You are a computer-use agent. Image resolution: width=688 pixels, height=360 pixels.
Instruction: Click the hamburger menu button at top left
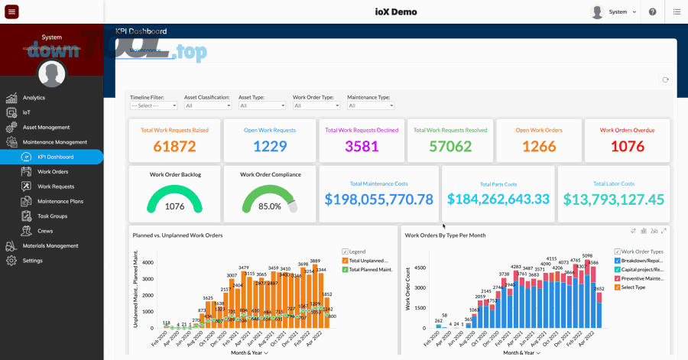click(x=11, y=11)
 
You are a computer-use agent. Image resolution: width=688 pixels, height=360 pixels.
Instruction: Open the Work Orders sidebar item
click(x=53, y=172)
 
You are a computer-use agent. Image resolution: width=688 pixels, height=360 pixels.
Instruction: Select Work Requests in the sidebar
click(x=56, y=186)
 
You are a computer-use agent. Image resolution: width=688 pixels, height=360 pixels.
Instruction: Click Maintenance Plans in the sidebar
click(x=60, y=201)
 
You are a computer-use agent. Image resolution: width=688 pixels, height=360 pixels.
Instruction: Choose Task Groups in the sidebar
click(x=52, y=216)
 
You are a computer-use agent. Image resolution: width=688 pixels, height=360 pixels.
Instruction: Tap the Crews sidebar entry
click(x=45, y=231)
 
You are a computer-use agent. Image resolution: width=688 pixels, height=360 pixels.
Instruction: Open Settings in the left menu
click(x=32, y=261)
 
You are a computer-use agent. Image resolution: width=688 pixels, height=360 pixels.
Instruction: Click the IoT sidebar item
click(x=28, y=112)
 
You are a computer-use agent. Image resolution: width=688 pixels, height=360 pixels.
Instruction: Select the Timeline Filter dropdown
click(x=154, y=105)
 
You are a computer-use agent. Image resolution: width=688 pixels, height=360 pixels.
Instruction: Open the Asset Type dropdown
click(x=262, y=105)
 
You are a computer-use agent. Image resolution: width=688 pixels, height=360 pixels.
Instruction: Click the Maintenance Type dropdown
click(x=371, y=105)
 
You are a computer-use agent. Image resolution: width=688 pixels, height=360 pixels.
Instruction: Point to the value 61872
click(x=174, y=147)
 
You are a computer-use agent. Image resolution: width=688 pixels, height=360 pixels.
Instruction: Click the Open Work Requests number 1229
click(x=269, y=147)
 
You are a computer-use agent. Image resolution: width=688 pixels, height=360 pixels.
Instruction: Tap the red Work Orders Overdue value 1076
click(x=626, y=147)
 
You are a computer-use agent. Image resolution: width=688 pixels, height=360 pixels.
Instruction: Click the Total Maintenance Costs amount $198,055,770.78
click(x=378, y=199)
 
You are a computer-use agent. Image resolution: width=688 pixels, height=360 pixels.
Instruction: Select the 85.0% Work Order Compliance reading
click(x=269, y=206)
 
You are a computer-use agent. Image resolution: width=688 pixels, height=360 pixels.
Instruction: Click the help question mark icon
click(x=652, y=11)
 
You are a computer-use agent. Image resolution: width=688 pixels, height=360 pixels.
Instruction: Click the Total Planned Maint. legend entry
click(x=370, y=270)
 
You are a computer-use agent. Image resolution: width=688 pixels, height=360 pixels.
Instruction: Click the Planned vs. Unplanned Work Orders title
click(x=177, y=235)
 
